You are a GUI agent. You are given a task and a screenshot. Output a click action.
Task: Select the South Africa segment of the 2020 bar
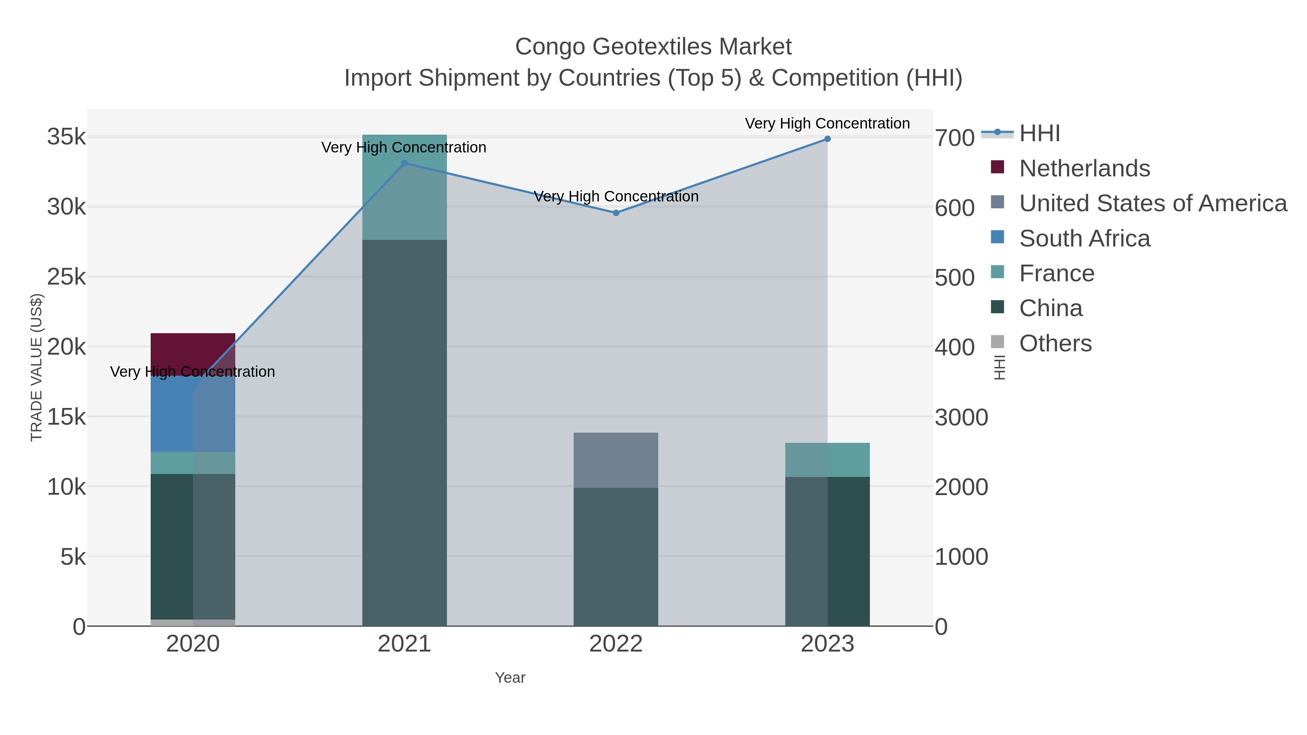click(x=172, y=413)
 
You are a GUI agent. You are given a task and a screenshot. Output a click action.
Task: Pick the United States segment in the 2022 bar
click(x=615, y=460)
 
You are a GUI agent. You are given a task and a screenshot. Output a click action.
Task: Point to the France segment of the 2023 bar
click(x=827, y=460)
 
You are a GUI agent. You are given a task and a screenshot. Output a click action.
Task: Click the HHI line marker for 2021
click(x=404, y=163)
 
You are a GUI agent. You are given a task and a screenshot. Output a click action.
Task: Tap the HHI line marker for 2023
click(x=827, y=139)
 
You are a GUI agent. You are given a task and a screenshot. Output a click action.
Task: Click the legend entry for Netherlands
click(x=1084, y=168)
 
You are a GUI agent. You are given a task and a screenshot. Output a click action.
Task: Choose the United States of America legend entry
click(x=1152, y=203)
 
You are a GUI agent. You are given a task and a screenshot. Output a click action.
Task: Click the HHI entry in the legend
click(x=1039, y=134)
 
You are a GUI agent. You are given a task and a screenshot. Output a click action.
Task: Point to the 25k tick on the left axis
click(x=66, y=277)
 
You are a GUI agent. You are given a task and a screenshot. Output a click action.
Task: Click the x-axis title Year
click(x=510, y=678)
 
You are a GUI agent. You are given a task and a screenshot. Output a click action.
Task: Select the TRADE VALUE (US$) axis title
click(x=37, y=367)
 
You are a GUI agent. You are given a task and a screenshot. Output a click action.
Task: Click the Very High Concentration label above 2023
click(x=827, y=123)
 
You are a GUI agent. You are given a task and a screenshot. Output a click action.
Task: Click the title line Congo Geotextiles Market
click(x=653, y=47)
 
